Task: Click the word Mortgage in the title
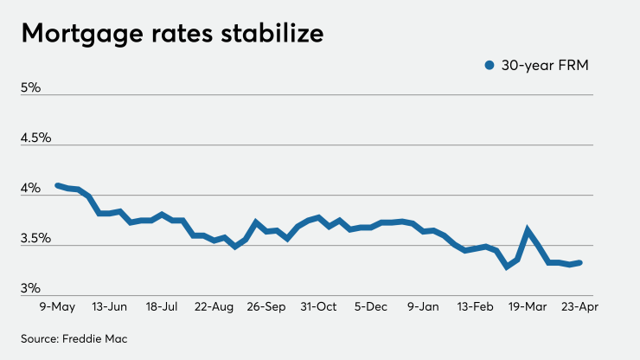click(78, 34)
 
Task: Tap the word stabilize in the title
click(276, 34)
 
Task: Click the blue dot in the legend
click(490, 65)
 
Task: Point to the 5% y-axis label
click(31, 87)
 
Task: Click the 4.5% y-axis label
click(36, 138)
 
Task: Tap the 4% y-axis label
click(31, 188)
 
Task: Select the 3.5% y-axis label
click(36, 238)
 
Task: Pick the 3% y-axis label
click(31, 287)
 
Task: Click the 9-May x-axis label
click(56, 306)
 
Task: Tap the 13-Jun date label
click(109, 306)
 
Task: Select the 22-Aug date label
click(214, 306)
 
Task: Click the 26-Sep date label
click(267, 306)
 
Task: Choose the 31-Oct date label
click(319, 306)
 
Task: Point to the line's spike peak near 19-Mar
click(528, 230)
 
